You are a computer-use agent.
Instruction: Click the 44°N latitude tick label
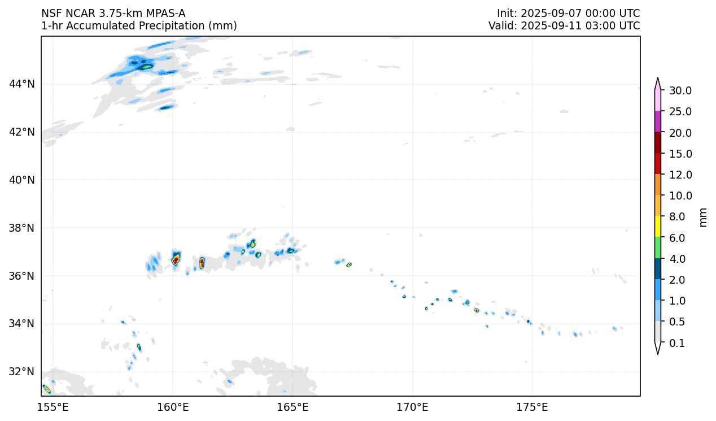pos(21,84)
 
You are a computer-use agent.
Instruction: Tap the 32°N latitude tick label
pos(21,372)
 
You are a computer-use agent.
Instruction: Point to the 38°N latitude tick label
pos(21,228)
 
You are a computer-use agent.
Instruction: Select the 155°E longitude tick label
pos(53,407)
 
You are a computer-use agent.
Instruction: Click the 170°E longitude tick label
pos(412,407)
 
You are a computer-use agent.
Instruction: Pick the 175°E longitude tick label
pos(532,407)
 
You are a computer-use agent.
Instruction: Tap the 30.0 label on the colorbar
pos(680,91)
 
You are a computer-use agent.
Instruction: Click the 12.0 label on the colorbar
pos(680,175)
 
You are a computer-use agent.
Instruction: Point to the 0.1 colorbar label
pos(676,344)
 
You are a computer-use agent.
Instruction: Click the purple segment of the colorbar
pos(658,121)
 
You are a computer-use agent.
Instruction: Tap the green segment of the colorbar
pos(658,248)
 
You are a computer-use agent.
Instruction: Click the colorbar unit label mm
pos(703,217)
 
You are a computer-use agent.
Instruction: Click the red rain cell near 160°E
pos(176,259)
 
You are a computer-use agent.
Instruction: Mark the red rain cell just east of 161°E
pos(202,262)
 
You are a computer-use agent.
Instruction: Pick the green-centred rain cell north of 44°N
pos(147,67)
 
